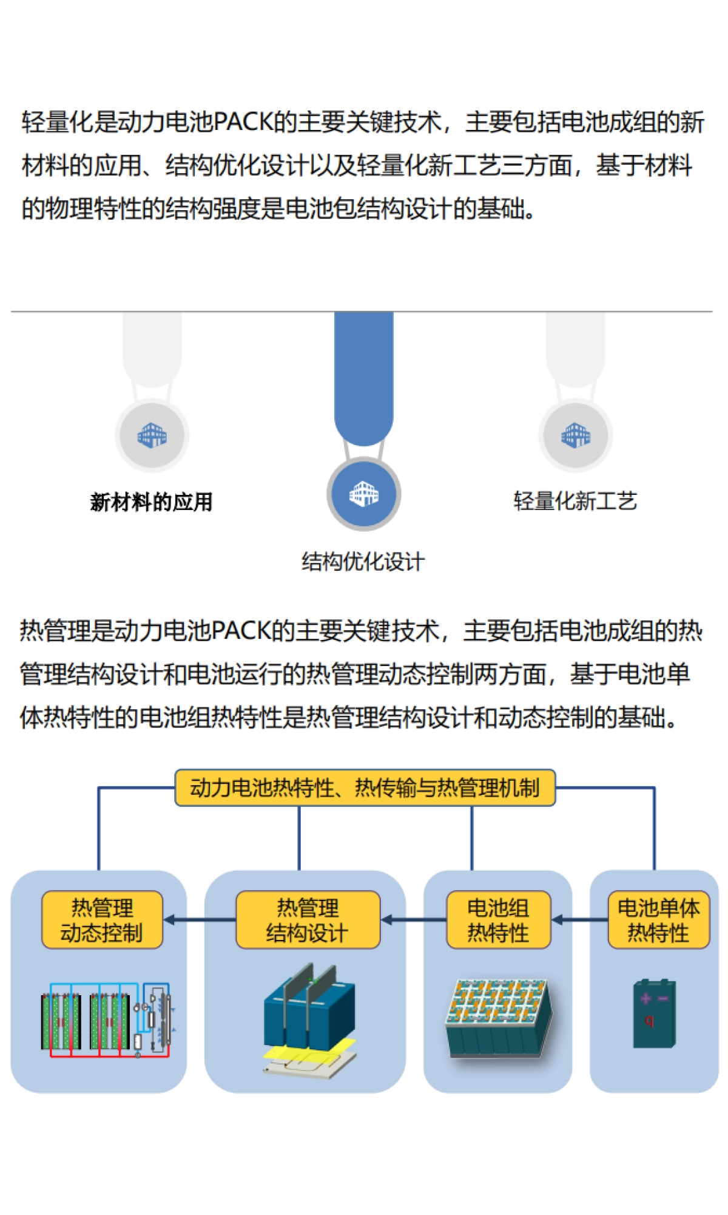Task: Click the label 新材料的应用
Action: [151, 502]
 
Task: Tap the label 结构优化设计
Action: [363, 562]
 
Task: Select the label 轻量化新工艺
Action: [575, 501]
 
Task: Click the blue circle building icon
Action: [363, 494]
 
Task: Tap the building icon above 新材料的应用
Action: [152, 435]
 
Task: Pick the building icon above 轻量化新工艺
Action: [575, 435]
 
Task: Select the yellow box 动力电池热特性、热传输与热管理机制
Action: [365, 788]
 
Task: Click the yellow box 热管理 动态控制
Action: [102, 920]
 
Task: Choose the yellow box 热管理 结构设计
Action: [308, 920]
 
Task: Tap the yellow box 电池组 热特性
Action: [498, 920]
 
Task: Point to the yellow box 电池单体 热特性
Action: [658, 920]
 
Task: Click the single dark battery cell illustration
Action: [654, 1013]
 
